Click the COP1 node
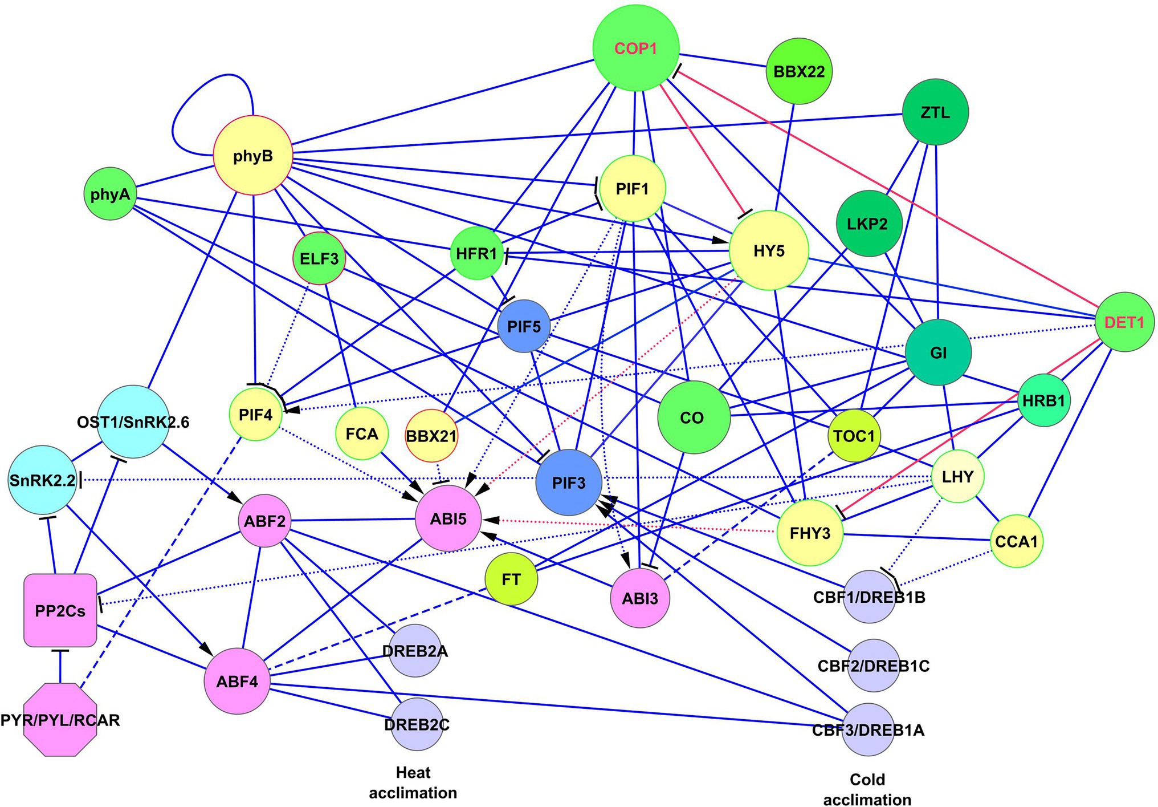coord(636,48)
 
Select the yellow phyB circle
coord(253,156)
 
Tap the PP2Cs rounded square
coord(60,611)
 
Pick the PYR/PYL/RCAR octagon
coord(60,720)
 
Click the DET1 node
coord(1124,322)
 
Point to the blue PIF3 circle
coord(569,483)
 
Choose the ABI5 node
coord(448,518)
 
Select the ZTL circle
coord(935,112)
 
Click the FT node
coord(511,579)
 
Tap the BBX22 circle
coord(799,72)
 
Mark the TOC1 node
coord(854,436)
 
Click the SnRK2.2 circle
coord(42,480)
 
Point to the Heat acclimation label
coord(413,782)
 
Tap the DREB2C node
coord(417,724)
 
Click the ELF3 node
coord(319,258)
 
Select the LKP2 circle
coord(867,224)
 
